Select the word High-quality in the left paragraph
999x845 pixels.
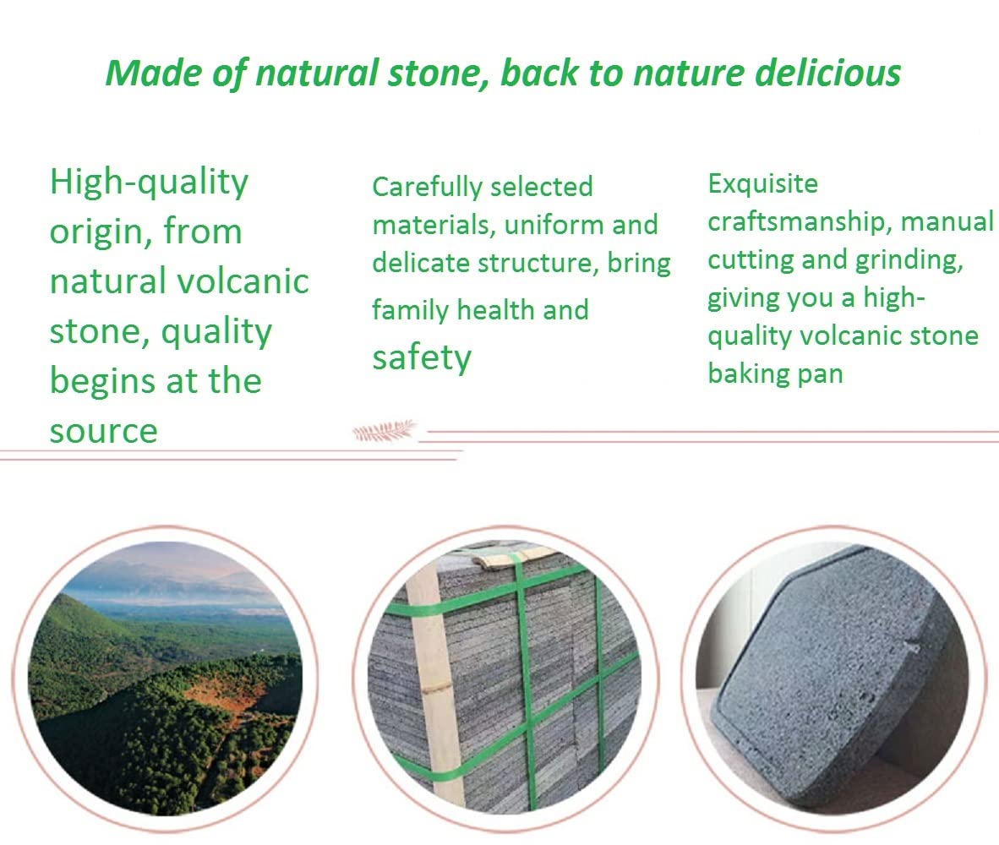pos(149,183)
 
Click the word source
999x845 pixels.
pos(104,432)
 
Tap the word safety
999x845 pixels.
pos(422,359)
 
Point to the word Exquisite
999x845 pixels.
pos(762,184)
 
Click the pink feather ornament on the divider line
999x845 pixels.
pos(385,431)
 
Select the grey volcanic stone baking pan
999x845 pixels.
pos(835,679)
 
